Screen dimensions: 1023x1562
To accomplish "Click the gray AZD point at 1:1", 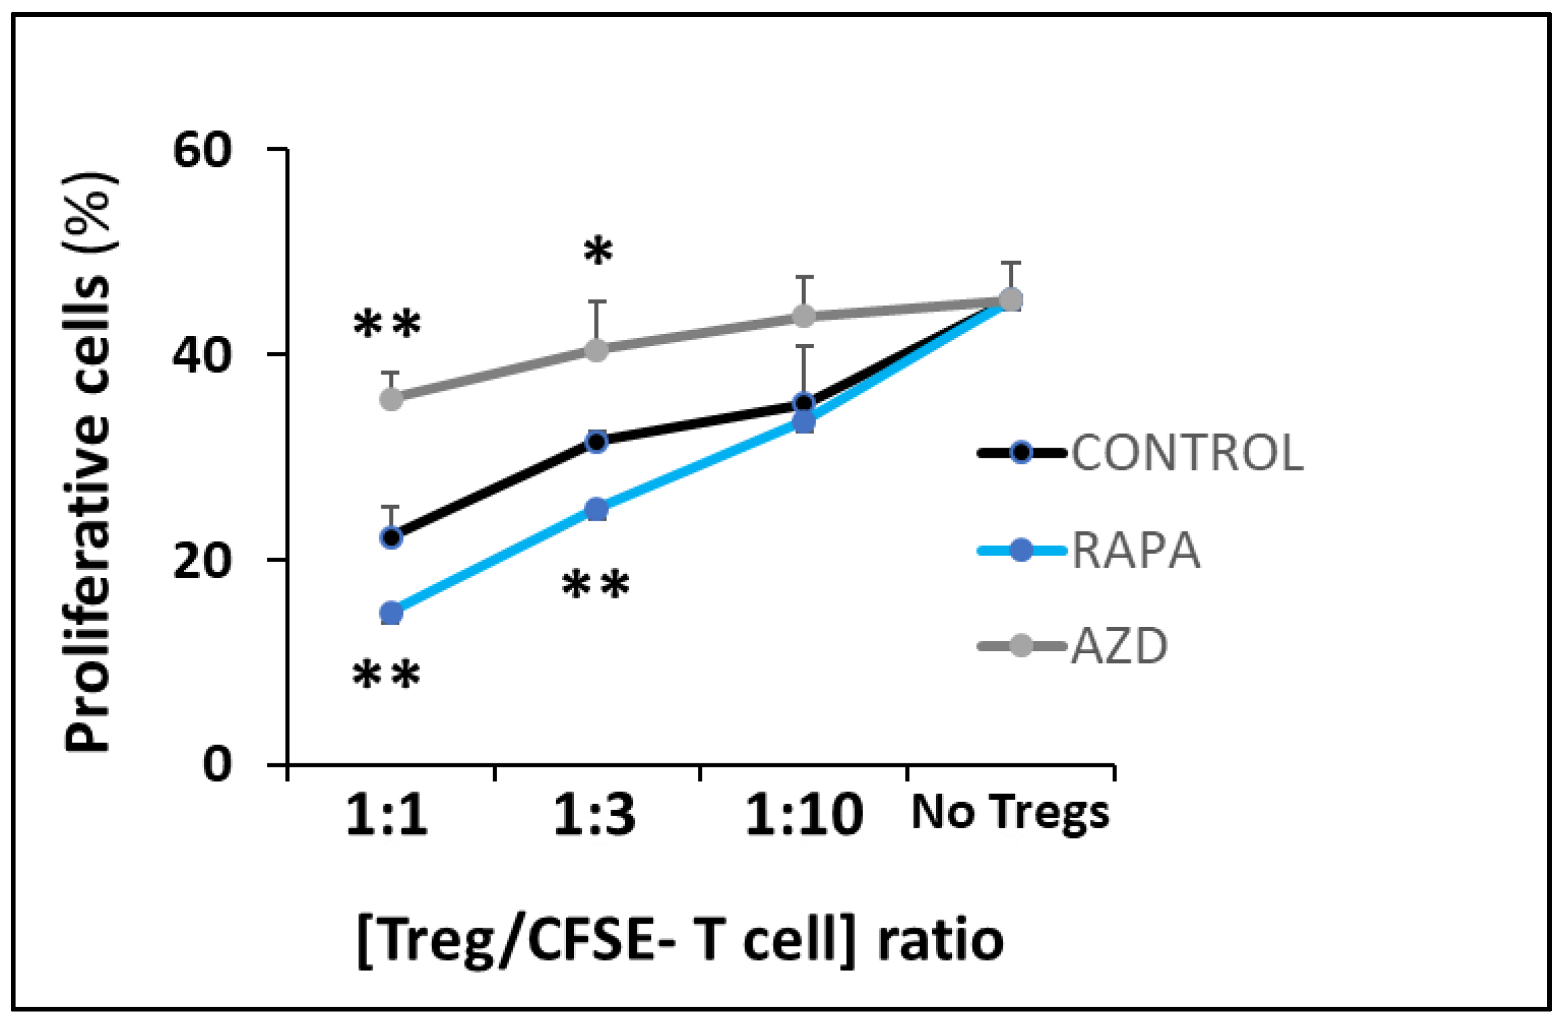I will pyautogui.click(x=392, y=399).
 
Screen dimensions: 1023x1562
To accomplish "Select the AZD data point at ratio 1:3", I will pyautogui.click(x=596, y=350).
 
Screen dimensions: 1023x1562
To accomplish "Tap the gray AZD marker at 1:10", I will pyautogui.click(x=803, y=316).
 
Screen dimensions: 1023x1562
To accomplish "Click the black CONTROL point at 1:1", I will pyautogui.click(x=392, y=538).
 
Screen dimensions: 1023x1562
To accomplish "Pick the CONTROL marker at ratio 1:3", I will pyautogui.click(x=596, y=442).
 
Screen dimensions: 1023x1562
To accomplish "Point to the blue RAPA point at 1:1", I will pyautogui.click(x=392, y=613).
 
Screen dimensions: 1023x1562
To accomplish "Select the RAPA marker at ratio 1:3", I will pyautogui.click(x=596, y=509).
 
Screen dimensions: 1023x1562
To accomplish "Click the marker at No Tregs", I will pyautogui.click(x=1010, y=300).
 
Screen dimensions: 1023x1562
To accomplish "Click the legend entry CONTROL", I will pyautogui.click(x=1187, y=452).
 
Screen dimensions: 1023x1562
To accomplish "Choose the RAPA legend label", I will pyautogui.click(x=1136, y=550).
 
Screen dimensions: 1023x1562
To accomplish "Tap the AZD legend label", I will pyautogui.click(x=1120, y=646).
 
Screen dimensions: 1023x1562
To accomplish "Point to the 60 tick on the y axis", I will pyautogui.click(x=202, y=149).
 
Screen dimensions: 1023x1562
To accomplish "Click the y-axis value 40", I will pyautogui.click(x=202, y=355).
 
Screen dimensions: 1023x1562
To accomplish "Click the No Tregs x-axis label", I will pyautogui.click(x=1010, y=813).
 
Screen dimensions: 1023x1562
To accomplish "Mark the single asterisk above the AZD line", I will pyautogui.click(x=598, y=252).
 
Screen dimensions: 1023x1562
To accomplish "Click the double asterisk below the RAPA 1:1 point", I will pyautogui.click(x=387, y=675).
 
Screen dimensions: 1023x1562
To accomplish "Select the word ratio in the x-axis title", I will pyautogui.click(x=940, y=941).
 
